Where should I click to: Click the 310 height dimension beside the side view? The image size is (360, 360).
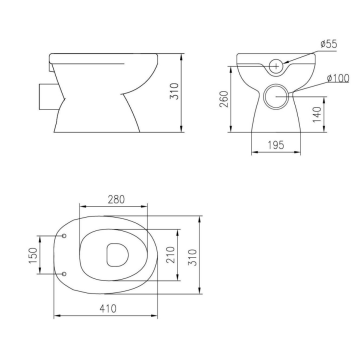click(174, 91)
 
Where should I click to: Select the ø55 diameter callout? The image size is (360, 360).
click(328, 44)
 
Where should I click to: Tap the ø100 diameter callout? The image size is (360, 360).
click(338, 78)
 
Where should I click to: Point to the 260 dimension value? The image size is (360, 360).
click(224, 99)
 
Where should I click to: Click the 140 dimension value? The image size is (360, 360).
click(318, 114)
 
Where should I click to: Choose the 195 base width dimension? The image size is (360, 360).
click(276, 145)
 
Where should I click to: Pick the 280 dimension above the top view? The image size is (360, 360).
click(116, 199)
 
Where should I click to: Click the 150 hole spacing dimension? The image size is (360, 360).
click(33, 255)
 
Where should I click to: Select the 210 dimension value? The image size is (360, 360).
click(170, 255)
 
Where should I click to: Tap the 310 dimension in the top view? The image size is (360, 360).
click(192, 257)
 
